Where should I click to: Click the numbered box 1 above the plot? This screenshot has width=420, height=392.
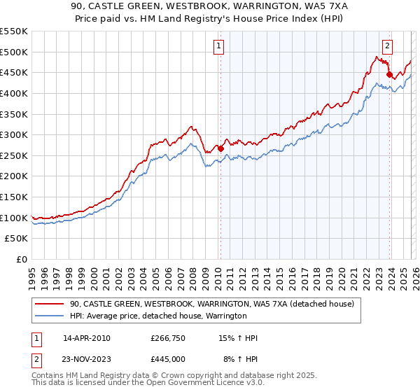[x=219, y=47]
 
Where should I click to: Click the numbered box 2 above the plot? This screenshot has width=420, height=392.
[x=388, y=47]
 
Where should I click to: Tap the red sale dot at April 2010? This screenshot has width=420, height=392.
[x=220, y=148]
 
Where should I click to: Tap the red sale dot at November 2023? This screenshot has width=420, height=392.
[x=389, y=74]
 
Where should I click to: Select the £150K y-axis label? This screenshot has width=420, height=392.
[x=15, y=197]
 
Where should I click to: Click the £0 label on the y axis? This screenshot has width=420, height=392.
[x=21, y=259]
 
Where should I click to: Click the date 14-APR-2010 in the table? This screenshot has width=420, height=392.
[x=86, y=338]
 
